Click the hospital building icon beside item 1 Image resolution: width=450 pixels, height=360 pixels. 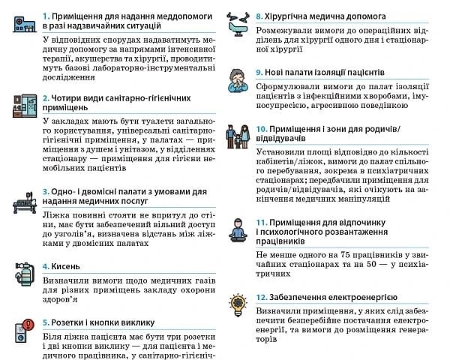pyautogui.click(x=24, y=22)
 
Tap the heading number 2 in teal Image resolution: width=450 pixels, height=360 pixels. pyautogui.click(x=45, y=98)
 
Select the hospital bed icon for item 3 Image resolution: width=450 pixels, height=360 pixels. pyautogui.click(x=24, y=202)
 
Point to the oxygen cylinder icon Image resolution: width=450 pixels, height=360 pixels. pyautogui.click(x=24, y=271)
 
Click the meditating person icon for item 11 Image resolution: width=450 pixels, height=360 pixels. pyautogui.click(x=241, y=229)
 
